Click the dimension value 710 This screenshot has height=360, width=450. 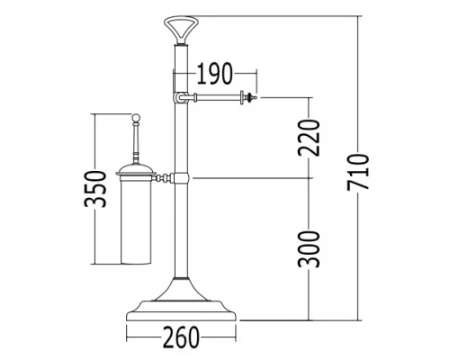tap(357, 172)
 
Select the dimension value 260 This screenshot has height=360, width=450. tap(181, 337)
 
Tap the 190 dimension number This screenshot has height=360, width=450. tap(215, 73)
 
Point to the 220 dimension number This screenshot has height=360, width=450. tap(310, 138)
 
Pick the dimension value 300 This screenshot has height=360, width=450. tap(310, 249)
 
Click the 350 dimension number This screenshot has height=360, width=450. tap(95, 189)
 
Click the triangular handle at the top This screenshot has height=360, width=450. tap(181, 31)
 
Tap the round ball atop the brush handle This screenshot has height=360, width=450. tap(136, 118)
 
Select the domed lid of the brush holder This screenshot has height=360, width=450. tap(136, 169)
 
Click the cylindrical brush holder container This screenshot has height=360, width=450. tap(136, 220)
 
